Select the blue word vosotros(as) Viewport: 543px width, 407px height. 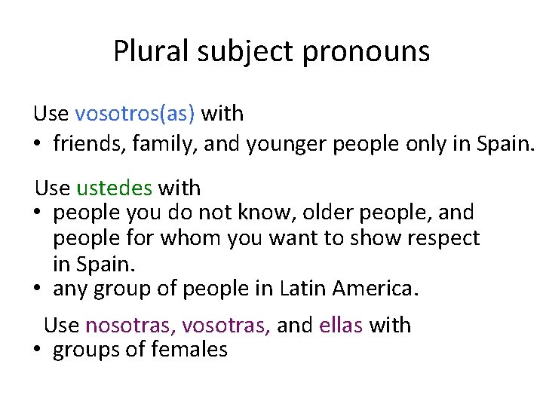(x=135, y=114)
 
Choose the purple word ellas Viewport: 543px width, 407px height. (x=342, y=326)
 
